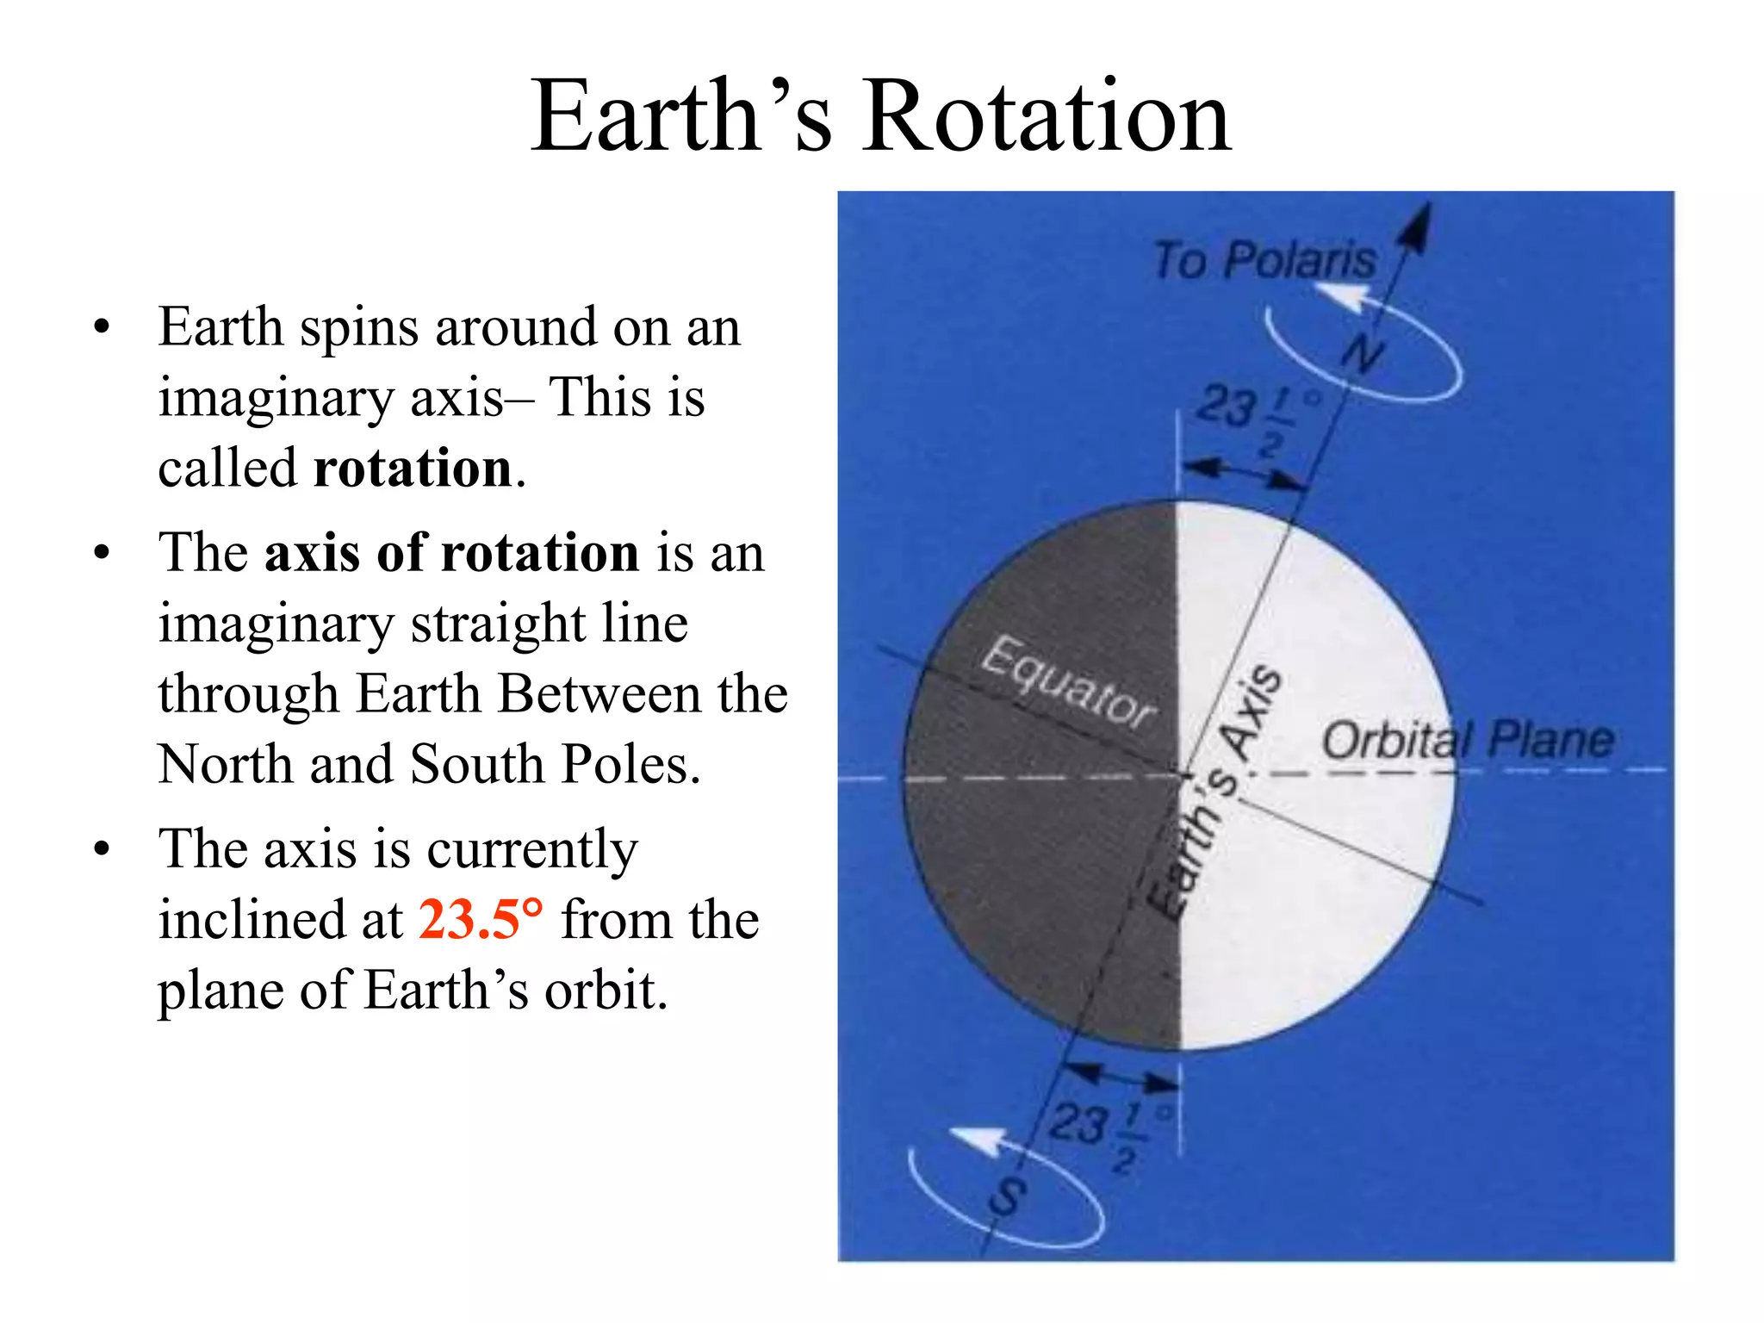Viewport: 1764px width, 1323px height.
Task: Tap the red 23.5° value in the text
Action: (481, 919)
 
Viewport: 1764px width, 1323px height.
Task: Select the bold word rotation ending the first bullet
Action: (413, 469)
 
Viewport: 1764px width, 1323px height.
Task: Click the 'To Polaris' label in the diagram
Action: (1264, 260)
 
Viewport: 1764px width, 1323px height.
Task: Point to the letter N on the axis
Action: (1363, 353)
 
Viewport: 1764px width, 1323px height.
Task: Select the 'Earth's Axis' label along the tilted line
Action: (1216, 792)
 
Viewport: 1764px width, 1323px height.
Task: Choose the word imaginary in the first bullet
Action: (275, 398)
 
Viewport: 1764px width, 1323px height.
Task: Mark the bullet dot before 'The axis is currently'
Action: (102, 849)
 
